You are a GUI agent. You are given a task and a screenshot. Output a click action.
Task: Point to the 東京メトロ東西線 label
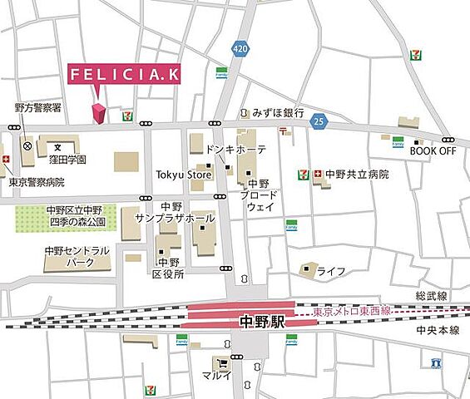(352, 312)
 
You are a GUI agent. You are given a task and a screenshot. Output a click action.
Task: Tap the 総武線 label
(430, 297)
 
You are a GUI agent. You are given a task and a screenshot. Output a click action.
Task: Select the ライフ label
(330, 271)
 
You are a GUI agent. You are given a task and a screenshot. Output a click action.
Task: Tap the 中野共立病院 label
(356, 175)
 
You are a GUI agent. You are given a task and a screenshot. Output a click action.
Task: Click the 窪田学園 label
(67, 159)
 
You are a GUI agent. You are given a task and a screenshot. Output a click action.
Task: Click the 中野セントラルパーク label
(76, 255)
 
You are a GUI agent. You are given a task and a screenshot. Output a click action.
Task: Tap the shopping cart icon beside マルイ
(221, 363)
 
